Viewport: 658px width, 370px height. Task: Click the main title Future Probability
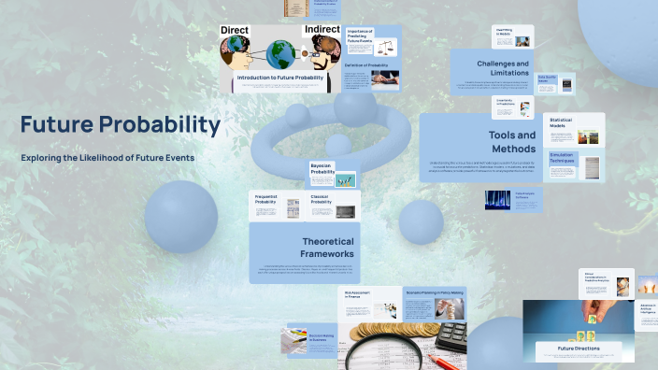pos(121,125)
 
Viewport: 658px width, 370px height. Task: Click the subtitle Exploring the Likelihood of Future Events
pos(107,158)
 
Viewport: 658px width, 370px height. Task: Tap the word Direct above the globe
pos(235,31)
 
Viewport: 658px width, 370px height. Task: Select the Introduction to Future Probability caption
pos(281,78)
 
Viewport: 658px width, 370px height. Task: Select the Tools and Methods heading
pos(512,141)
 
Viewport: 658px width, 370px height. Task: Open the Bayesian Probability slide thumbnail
pos(333,174)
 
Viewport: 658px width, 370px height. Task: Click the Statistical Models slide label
pos(562,122)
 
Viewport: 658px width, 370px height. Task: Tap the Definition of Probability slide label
pos(367,65)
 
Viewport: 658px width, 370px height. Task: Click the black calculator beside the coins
pos(451,334)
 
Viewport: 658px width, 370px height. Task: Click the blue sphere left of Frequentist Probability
pos(180,216)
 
